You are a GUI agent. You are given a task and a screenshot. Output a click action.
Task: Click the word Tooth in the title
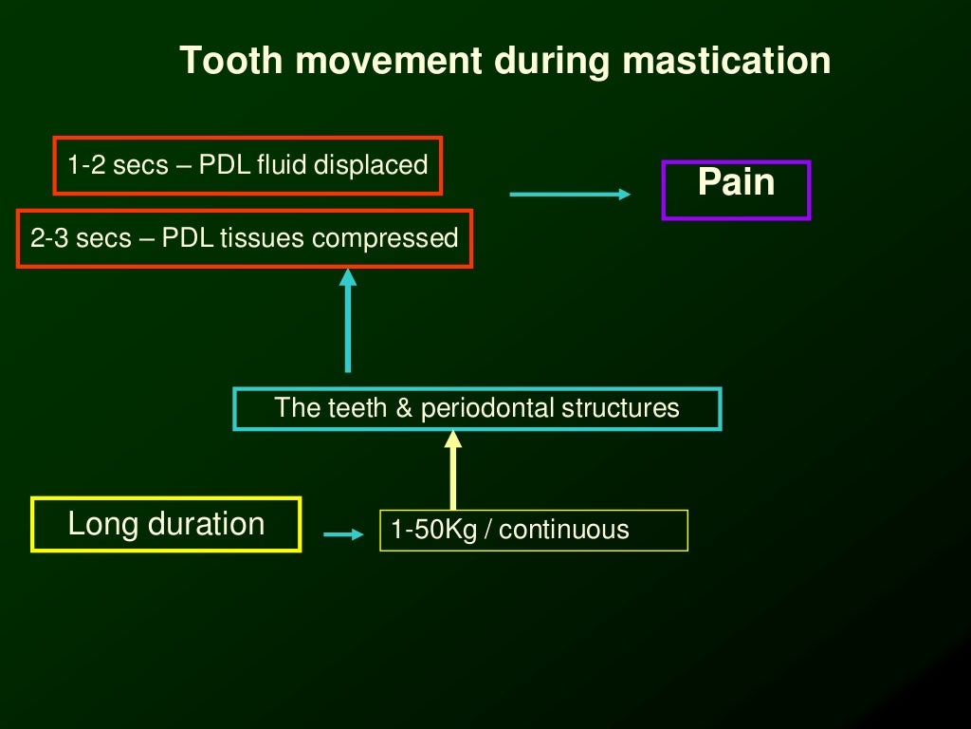pos(225,61)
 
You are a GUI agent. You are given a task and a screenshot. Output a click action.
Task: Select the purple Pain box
pos(736,190)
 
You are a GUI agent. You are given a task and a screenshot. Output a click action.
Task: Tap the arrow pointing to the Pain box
pos(570,195)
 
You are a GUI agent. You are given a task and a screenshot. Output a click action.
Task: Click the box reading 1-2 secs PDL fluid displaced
pos(247,165)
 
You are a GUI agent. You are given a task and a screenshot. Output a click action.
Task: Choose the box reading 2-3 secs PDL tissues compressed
pos(245,237)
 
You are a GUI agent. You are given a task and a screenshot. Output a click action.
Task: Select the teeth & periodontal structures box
pos(477,408)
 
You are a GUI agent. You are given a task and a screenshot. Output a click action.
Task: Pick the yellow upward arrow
pos(453,469)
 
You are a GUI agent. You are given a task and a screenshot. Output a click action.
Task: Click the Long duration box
pos(166,524)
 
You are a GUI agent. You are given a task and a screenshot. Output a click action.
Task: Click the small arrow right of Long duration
pos(343,534)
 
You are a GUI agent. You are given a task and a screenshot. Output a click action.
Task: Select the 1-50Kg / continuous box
pos(534,530)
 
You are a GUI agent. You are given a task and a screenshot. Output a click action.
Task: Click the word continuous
pos(563,530)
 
